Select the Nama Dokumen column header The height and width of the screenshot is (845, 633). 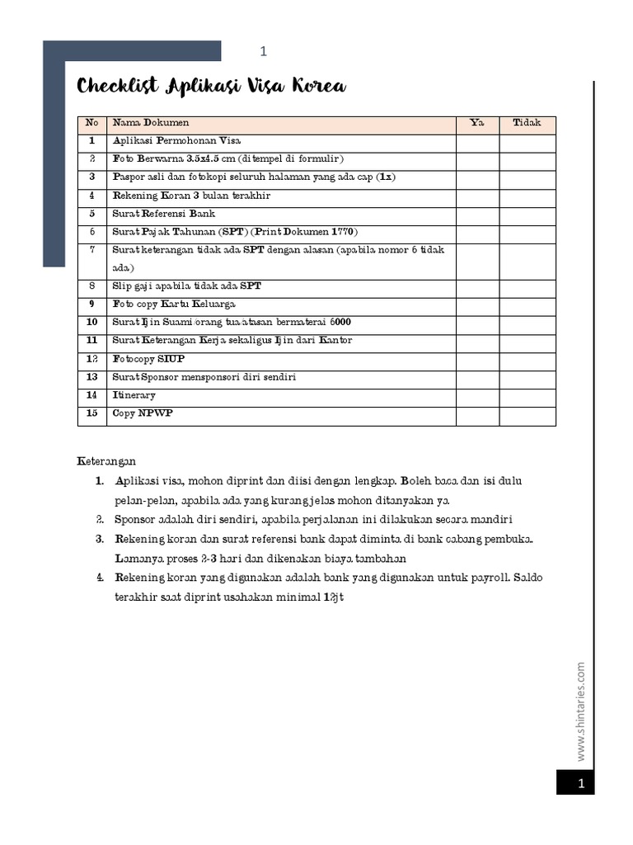point(151,123)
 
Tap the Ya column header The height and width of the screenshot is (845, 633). point(477,123)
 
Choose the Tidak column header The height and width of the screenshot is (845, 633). point(527,123)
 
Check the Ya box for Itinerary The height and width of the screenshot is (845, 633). point(477,396)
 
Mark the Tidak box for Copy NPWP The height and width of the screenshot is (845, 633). point(527,414)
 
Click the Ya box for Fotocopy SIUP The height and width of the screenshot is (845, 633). point(477,359)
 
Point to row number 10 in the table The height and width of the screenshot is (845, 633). point(91,322)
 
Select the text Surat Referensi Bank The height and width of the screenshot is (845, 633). point(163,214)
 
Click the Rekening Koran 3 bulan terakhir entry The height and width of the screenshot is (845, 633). point(191,196)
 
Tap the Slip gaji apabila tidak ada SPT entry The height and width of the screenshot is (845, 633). point(187,286)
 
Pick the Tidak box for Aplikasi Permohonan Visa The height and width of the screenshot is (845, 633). point(527,141)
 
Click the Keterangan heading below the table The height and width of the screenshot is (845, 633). point(106,460)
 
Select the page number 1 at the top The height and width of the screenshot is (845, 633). point(264,52)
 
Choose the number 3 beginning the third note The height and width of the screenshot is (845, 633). point(98,539)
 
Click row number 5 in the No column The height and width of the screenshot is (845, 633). point(91,214)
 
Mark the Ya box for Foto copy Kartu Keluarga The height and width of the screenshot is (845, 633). point(477,304)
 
